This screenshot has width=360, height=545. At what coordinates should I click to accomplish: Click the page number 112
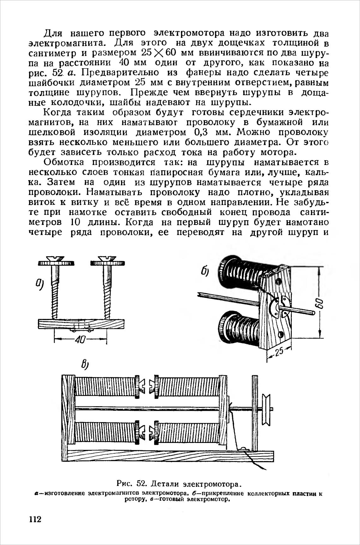click(35, 520)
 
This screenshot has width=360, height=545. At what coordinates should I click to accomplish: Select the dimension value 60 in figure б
click(320, 305)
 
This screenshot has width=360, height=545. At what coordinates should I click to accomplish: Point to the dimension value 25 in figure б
click(278, 352)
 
